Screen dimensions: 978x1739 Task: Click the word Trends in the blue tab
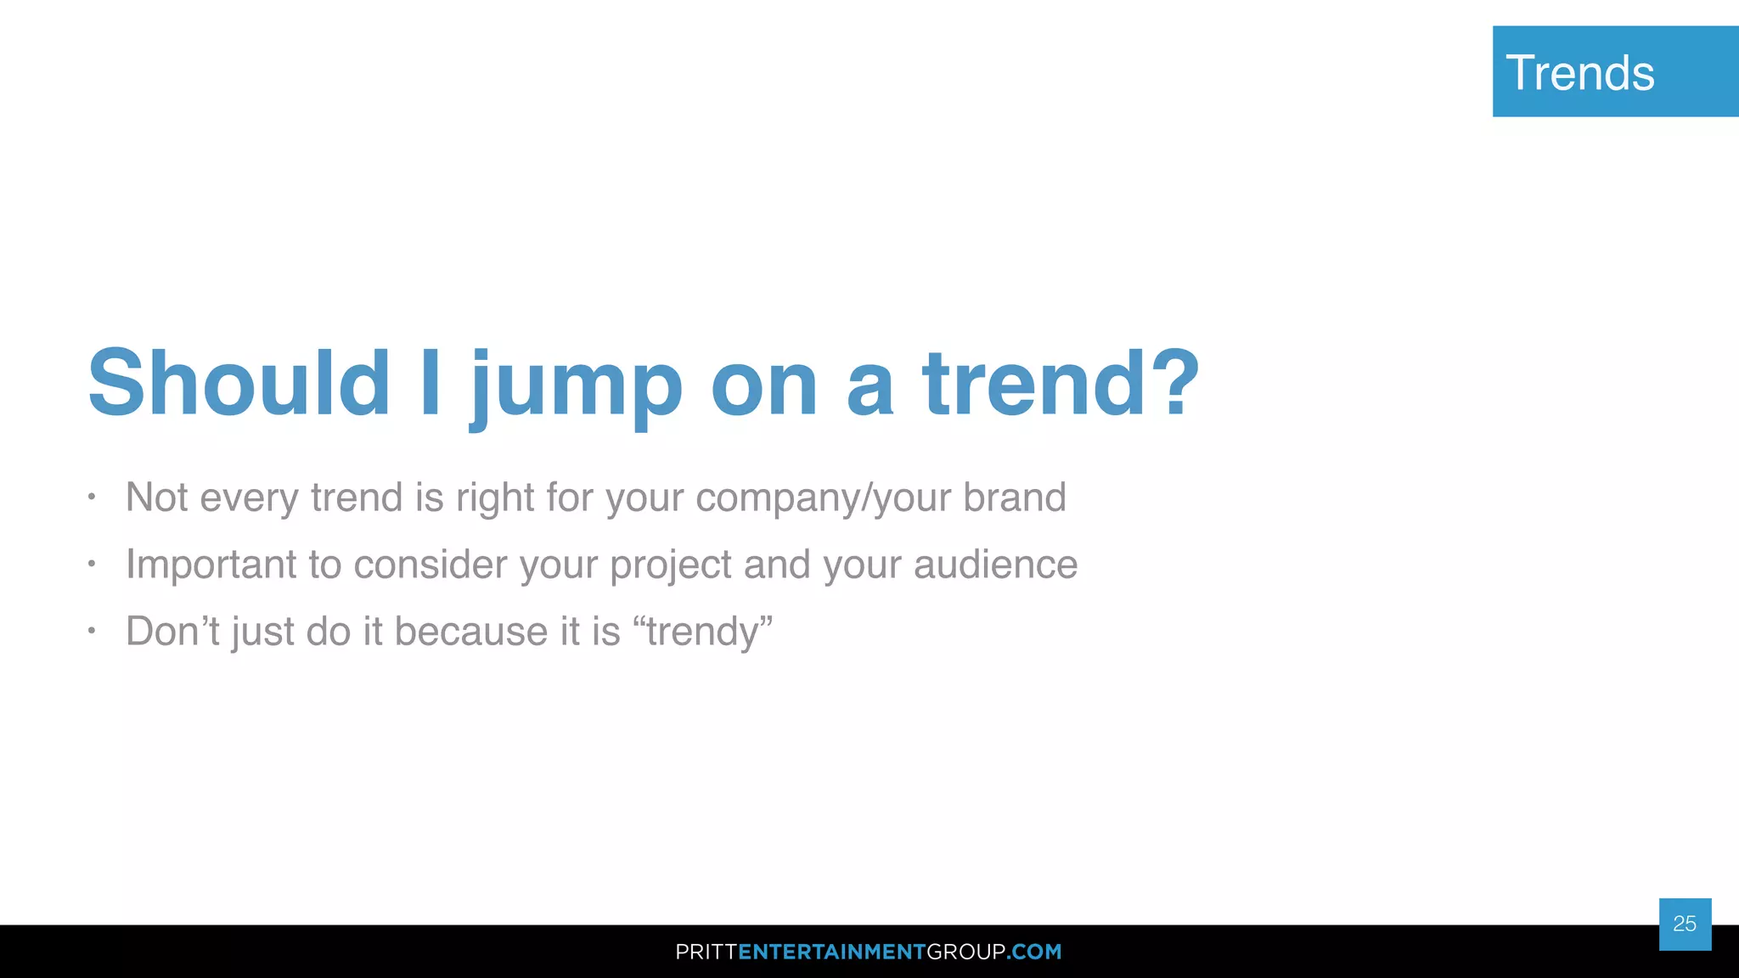point(1580,73)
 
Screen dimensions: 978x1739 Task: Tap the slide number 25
point(1685,924)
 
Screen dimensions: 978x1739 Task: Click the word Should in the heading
point(239,384)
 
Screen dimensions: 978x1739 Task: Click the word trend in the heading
point(1035,384)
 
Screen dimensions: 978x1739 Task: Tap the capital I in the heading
point(431,384)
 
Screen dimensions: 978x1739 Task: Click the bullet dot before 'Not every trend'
point(92,497)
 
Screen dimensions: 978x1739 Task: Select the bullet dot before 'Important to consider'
point(92,564)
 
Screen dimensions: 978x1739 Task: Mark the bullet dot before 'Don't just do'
point(92,631)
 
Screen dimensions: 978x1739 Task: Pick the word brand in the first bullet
point(1015,497)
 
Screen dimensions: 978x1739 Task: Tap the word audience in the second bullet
point(995,565)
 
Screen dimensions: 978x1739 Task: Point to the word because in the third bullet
point(471,632)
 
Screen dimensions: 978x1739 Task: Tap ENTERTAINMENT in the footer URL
point(831,952)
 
